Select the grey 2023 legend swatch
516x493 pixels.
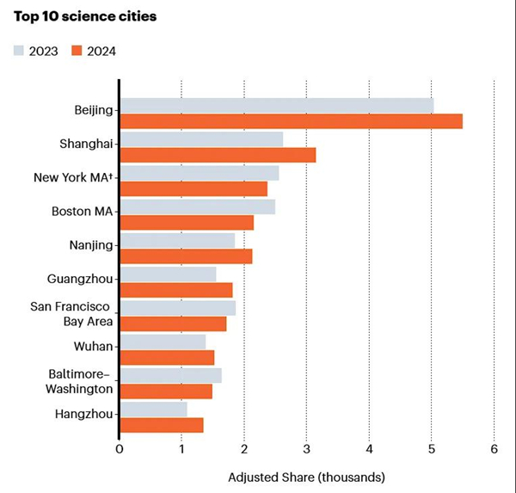point(20,51)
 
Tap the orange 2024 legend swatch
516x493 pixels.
point(77,51)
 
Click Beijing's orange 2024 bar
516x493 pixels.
point(291,121)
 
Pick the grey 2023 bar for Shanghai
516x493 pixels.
point(201,139)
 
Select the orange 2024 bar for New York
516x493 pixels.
point(193,188)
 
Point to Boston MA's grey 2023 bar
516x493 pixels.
point(197,206)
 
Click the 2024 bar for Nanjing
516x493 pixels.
point(186,256)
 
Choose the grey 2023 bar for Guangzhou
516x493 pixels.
point(168,274)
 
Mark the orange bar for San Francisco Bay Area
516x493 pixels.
point(173,324)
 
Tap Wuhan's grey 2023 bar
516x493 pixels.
point(163,342)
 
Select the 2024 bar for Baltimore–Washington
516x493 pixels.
point(166,391)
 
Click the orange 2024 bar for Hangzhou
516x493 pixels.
point(162,424)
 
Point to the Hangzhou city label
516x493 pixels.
point(83,414)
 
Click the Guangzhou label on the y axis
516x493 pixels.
point(80,279)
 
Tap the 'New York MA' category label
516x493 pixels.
point(73,177)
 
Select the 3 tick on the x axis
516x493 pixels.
point(307,448)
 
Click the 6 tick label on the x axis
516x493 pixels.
point(494,448)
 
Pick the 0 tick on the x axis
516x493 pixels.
point(120,448)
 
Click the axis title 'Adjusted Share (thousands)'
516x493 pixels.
point(306,477)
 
